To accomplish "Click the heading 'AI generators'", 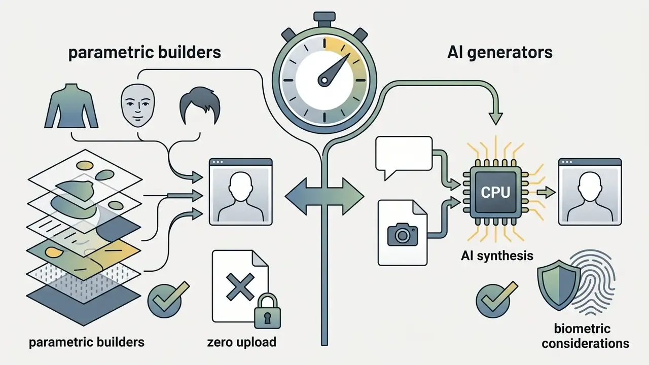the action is [500, 53].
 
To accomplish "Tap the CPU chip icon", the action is [495, 192].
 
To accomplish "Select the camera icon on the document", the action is [403, 234].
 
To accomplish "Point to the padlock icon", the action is [267, 311].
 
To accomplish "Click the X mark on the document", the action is [240, 286].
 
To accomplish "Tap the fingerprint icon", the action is [593, 282].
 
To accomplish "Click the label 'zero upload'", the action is [242, 342].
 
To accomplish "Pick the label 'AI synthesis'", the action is [497, 255].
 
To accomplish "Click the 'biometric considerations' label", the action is [585, 336].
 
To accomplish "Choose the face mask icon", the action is [137, 105].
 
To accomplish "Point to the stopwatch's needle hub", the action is [323, 80].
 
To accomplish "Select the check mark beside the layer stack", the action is [168, 296].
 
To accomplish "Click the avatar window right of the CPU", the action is [590, 192].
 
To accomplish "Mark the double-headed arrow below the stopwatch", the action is [324, 196].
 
